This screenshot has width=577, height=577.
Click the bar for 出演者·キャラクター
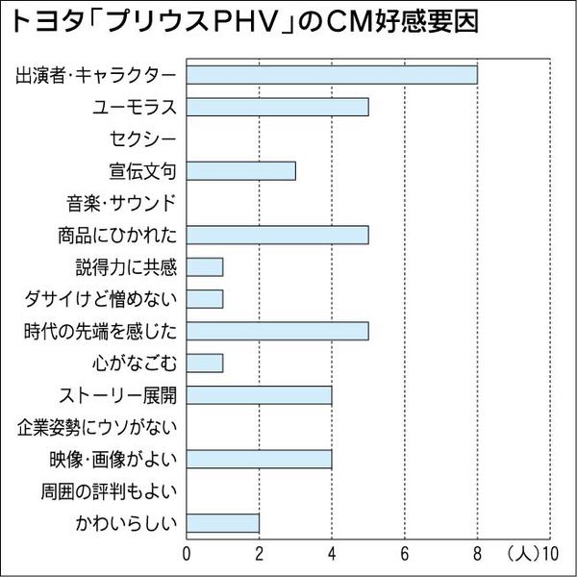tap(331, 75)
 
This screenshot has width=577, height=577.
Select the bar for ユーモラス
tap(277, 107)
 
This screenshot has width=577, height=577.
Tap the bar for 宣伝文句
tap(240, 171)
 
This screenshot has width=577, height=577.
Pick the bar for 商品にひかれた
tap(277, 235)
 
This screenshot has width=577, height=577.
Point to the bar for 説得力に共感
tap(204, 266)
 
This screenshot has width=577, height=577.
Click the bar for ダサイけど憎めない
tap(204, 298)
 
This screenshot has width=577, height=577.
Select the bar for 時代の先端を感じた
tap(277, 331)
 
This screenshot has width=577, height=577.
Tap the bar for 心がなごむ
tap(204, 363)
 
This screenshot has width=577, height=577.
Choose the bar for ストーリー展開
tap(259, 394)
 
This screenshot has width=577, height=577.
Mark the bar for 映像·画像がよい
tap(259, 459)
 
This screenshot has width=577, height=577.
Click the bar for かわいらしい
tap(222, 523)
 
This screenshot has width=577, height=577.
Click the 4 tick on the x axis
tap(332, 555)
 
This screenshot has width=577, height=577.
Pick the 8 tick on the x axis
tap(478, 555)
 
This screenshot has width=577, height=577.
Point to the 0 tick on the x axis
tap(187, 555)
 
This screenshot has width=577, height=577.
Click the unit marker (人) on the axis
tap(521, 555)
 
